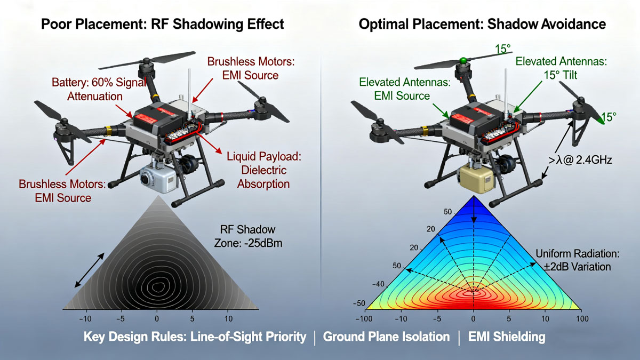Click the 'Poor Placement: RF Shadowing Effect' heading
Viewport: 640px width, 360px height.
click(162, 24)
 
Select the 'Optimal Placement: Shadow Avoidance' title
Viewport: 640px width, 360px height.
click(482, 24)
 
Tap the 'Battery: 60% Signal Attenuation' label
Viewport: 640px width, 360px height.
click(99, 89)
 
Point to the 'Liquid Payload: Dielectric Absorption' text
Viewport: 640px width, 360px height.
click(263, 170)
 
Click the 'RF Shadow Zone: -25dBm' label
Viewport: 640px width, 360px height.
click(248, 236)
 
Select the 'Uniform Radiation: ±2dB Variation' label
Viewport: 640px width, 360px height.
click(578, 260)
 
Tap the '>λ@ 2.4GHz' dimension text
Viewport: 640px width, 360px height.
click(580, 160)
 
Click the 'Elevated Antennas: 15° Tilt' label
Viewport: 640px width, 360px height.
click(561, 68)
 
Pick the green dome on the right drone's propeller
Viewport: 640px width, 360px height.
click(463, 60)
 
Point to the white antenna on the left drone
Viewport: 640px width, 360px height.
click(189, 94)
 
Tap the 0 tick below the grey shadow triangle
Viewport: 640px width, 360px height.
click(157, 318)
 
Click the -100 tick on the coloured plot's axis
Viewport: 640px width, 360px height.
click(364, 318)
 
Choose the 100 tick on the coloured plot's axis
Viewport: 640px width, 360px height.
click(582, 318)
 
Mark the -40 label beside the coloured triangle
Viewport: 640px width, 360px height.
click(378, 284)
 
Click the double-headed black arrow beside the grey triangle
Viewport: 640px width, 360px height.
click(90, 270)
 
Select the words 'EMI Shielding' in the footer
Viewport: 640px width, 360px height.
click(507, 337)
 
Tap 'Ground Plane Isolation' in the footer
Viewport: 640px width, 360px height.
click(386, 337)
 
